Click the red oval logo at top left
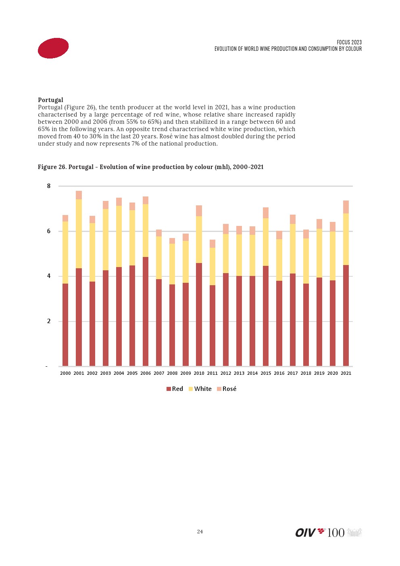pos(53,48)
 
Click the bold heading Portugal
pos(50,100)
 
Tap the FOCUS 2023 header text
pos(349,42)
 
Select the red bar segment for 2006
pos(146,311)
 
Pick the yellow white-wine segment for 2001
pos(79,234)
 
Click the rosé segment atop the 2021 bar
pos(346,207)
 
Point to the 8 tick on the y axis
pos(49,186)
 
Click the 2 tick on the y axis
pos(49,321)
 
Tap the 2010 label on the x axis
pos(199,373)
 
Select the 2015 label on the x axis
pos(266,373)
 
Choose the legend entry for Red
pos(175,389)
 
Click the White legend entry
pos(200,389)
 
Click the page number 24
pos(200,532)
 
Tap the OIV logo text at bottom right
pos(305,533)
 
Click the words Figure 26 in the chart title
pos(52,167)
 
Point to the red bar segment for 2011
pos(212,326)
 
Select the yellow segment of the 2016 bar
pos(279,260)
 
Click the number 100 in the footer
pos(335,533)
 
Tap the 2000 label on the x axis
pos(65,373)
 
